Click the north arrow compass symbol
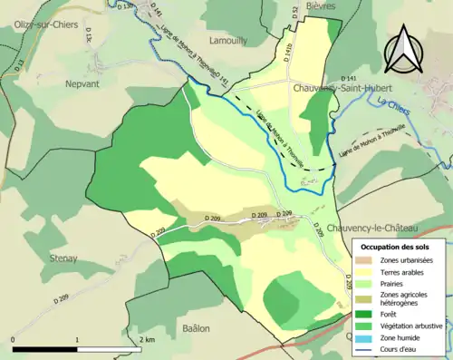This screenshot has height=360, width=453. point(402,50)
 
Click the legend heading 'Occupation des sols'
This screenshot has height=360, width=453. point(401,247)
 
